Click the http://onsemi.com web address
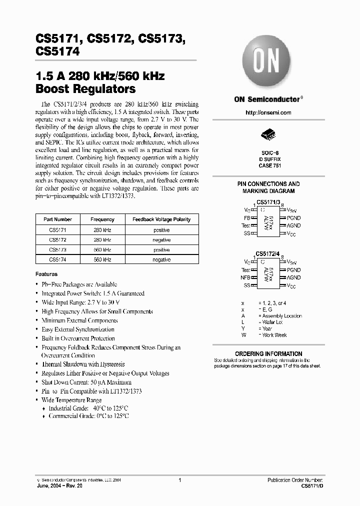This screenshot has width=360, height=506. coord(268,113)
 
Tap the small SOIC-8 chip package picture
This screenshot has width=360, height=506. coord(268,135)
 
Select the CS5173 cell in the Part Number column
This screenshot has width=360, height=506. coord(57,249)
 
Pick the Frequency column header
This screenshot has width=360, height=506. coord(102,219)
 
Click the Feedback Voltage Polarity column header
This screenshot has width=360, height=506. coord(161,219)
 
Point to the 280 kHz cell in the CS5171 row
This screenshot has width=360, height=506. coord(102,230)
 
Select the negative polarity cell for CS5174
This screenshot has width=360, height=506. coord(161,259)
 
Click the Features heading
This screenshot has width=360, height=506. coord(46,274)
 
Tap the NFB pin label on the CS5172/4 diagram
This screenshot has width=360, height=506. coord(245,277)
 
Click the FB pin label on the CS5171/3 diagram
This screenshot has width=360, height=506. coord(247,218)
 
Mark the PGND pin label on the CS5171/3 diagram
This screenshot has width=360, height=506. coord(294,218)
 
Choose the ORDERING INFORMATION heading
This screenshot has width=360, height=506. coord(268,353)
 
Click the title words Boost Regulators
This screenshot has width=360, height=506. coord(85,89)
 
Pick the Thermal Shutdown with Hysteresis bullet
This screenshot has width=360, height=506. coord(83,364)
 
